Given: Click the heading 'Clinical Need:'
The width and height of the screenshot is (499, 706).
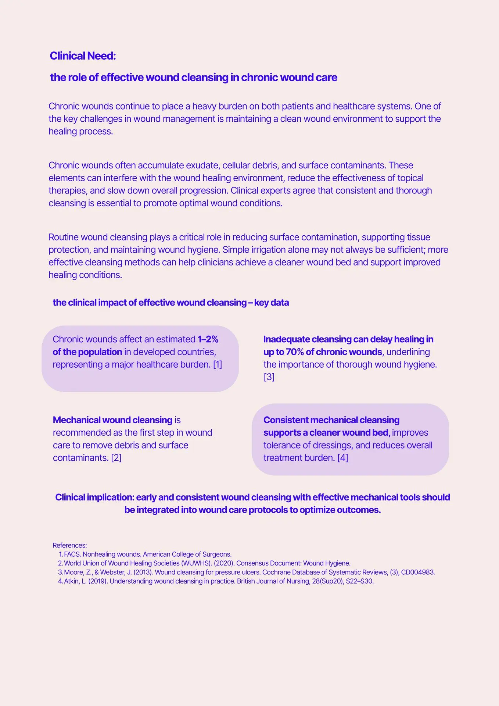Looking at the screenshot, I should (83, 56).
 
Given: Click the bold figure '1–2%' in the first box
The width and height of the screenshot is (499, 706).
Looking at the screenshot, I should (208, 339).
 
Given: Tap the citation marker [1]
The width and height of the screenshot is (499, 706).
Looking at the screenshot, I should (218, 364).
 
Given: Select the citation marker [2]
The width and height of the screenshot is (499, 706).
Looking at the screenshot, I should (116, 458).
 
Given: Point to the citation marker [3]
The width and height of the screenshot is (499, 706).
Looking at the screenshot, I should (269, 377).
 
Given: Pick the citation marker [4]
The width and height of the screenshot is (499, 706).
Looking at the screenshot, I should (342, 458).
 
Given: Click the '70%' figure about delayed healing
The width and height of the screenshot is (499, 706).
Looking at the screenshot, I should (294, 352).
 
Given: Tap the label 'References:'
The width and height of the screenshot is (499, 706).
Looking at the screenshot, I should (70, 545).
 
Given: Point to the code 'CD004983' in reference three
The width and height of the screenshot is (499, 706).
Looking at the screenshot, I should (417, 572).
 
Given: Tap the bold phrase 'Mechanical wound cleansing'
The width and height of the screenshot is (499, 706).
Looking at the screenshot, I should (112, 420).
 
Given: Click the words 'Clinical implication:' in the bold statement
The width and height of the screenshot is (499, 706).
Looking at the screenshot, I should (94, 498).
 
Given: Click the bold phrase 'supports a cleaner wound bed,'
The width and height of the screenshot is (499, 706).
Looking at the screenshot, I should (327, 433).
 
